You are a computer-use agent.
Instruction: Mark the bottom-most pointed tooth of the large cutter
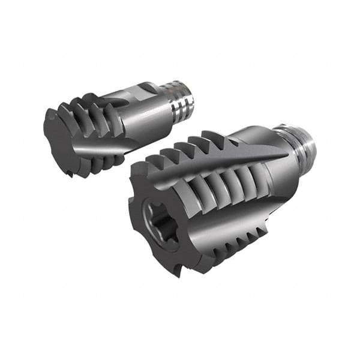(176, 273)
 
